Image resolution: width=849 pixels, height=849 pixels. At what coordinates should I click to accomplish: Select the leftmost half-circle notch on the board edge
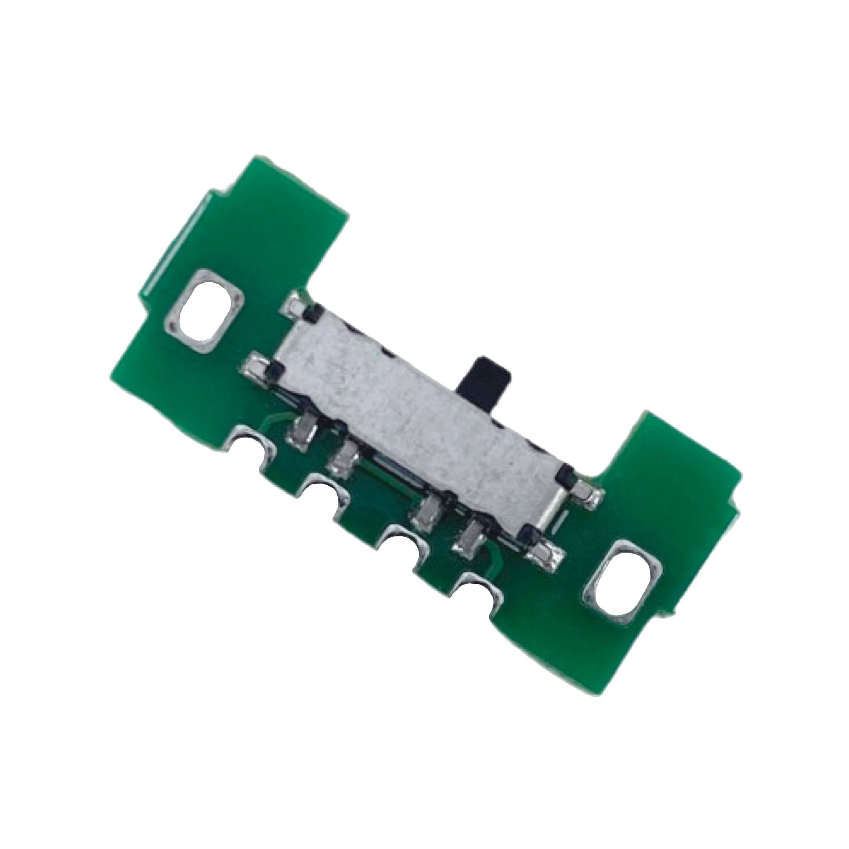click(250, 448)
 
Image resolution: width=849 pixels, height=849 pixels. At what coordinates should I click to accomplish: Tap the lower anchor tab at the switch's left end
click(255, 354)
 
